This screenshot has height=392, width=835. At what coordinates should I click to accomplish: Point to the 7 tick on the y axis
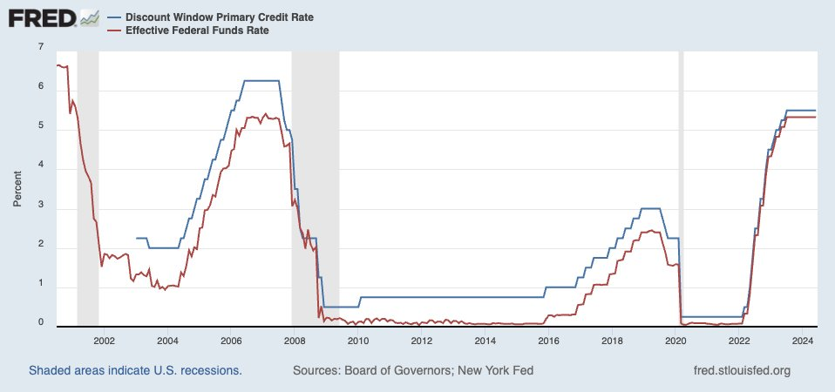click(x=41, y=46)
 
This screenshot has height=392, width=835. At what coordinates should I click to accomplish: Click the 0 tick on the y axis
click(x=41, y=323)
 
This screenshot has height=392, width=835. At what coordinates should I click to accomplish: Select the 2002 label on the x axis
click(x=104, y=341)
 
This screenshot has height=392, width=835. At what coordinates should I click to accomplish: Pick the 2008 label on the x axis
click(x=295, y=341)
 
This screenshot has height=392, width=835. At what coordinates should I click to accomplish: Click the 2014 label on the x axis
click(x=485, y=341)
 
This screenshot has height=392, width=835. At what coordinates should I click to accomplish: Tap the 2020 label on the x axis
click(x=676, y=341)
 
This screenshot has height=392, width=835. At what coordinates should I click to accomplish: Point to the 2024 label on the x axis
click(x=803, y=341)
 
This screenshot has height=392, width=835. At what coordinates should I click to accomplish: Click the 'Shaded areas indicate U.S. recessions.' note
click(x=135, y=370)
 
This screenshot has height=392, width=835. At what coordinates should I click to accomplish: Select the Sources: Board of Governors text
click(x=413, y=370)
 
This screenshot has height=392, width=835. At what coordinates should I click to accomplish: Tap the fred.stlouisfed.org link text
click(x=740, y=370)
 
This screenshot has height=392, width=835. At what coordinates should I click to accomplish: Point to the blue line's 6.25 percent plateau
click(x=261, y=81)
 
